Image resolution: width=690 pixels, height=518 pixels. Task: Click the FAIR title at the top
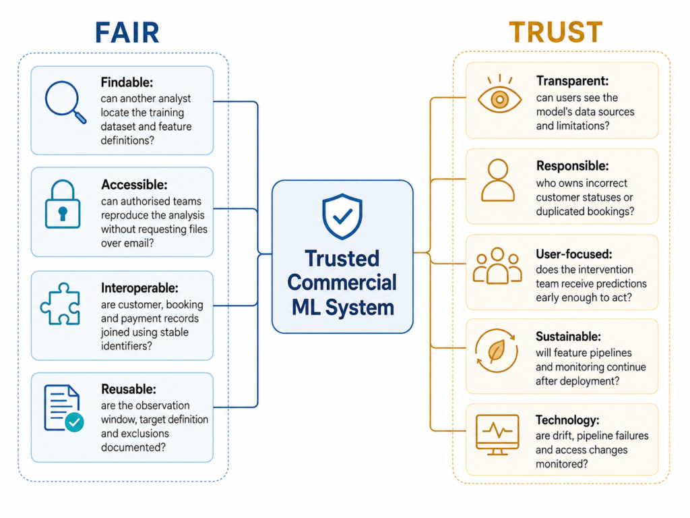tap(127, 32)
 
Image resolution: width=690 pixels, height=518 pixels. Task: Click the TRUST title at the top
tap(556, 32)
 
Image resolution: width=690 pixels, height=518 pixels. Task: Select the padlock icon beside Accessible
tap(63, 204)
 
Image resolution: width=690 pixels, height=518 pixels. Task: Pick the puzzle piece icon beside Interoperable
tap(60, 304)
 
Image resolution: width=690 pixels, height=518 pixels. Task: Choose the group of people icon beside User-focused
tap(497, 266)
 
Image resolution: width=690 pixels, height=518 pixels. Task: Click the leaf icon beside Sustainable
tap(497, 351)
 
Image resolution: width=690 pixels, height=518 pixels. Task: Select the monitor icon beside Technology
tap(497, 434)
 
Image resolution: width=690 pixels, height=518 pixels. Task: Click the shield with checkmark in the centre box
tap(342, 217)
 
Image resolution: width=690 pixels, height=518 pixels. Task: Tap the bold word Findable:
tap(127, 82)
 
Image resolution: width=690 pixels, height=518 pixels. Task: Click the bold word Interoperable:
tap(139, 288)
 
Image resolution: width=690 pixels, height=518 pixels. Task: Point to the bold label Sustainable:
tap(568, 337)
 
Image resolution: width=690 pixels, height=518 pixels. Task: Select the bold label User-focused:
tap(574, 254)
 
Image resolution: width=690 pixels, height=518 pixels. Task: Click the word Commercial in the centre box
tap(342, 283)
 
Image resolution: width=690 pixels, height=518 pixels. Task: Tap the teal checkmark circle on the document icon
tap(74, 422)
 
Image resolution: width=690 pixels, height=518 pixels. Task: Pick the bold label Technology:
tap(567, 420)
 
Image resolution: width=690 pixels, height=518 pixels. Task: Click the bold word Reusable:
tap(129, 389)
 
